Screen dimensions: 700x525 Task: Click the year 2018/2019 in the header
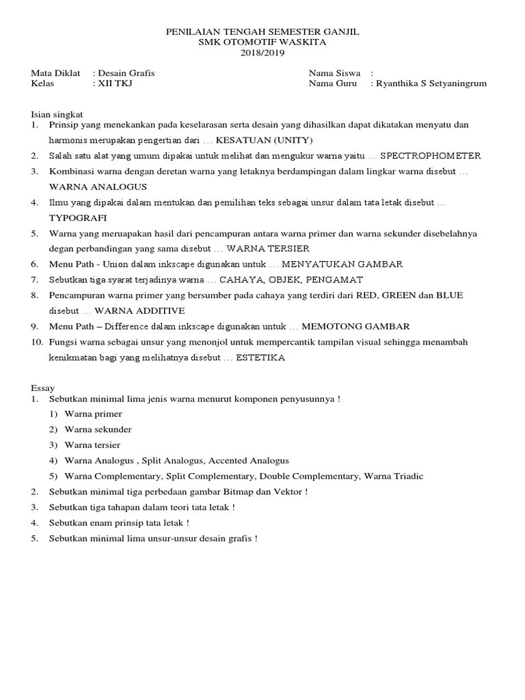coord(262,53)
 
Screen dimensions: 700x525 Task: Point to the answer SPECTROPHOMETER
coord(430,156)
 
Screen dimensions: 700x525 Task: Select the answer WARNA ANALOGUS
coord(98,186)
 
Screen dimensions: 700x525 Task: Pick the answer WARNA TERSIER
coord(268,248)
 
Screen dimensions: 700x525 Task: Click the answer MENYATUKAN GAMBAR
coord(342,264)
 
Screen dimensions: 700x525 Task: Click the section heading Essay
coord(42,387)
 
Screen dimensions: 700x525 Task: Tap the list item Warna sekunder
coord(98,429)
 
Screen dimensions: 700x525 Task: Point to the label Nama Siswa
coord(334,73)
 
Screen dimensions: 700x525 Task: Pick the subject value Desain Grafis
coord(131,73)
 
